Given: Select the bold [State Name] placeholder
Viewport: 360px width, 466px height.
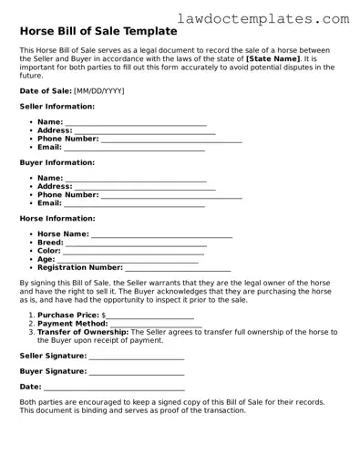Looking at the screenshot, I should (x=273, y=57).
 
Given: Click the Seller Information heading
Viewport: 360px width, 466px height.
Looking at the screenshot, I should (x=57, y=107).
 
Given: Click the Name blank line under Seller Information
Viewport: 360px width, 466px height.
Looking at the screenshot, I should (x=136, y=122).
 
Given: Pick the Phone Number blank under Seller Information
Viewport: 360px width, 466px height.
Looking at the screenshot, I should (x=171, y=140).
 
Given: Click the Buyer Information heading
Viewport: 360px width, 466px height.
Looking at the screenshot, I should (x=57, y=162).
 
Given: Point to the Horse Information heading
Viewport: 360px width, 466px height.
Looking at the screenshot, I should (x=57, y=219).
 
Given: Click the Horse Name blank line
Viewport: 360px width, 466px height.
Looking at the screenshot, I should (x=162, y=234).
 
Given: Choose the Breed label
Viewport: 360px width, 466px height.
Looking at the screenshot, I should (x=50, y=243).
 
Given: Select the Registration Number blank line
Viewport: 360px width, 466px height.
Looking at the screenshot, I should (x=178, y=268).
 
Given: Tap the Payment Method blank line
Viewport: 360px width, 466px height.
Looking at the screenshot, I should (x=155, y=324).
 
